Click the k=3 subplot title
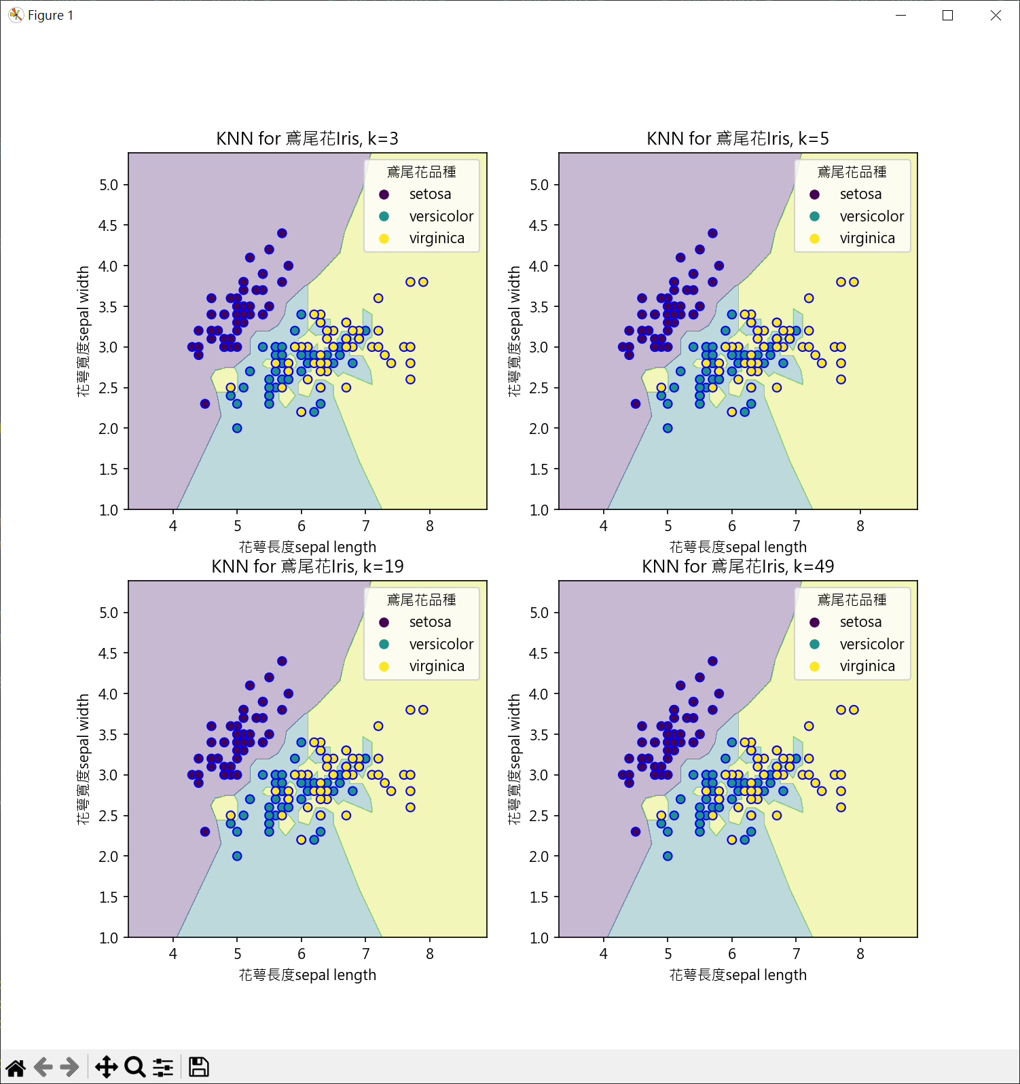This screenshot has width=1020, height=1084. (307, 139)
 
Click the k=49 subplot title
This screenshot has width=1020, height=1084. (737, 566)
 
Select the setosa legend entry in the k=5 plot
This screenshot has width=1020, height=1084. (860, 194)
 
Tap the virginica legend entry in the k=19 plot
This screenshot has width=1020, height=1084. (436, 666)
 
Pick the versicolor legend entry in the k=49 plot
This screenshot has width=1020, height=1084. (871, 644)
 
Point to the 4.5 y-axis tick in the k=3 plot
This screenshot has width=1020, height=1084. (108, 225)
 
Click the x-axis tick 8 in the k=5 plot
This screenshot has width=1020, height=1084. (860, 526)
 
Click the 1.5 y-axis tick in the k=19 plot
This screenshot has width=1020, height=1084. (108, 897)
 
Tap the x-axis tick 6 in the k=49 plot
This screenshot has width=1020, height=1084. (731, 954)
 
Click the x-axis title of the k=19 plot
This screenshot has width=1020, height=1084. (307, 975)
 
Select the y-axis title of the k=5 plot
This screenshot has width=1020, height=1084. (514, 331)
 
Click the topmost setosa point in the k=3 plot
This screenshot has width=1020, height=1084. (282, 233)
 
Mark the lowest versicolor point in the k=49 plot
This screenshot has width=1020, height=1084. (668, 856)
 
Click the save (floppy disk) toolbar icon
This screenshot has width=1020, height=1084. (198, 1067)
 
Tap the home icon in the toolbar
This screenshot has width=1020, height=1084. (16, 1067)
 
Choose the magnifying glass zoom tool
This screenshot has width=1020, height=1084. (134, 1067)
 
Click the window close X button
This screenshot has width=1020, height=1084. (996, 15)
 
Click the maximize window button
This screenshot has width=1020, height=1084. (947, 15)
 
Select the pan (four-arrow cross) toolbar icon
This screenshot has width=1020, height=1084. (106, 1067)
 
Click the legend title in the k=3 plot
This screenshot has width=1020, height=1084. (421, 173)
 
